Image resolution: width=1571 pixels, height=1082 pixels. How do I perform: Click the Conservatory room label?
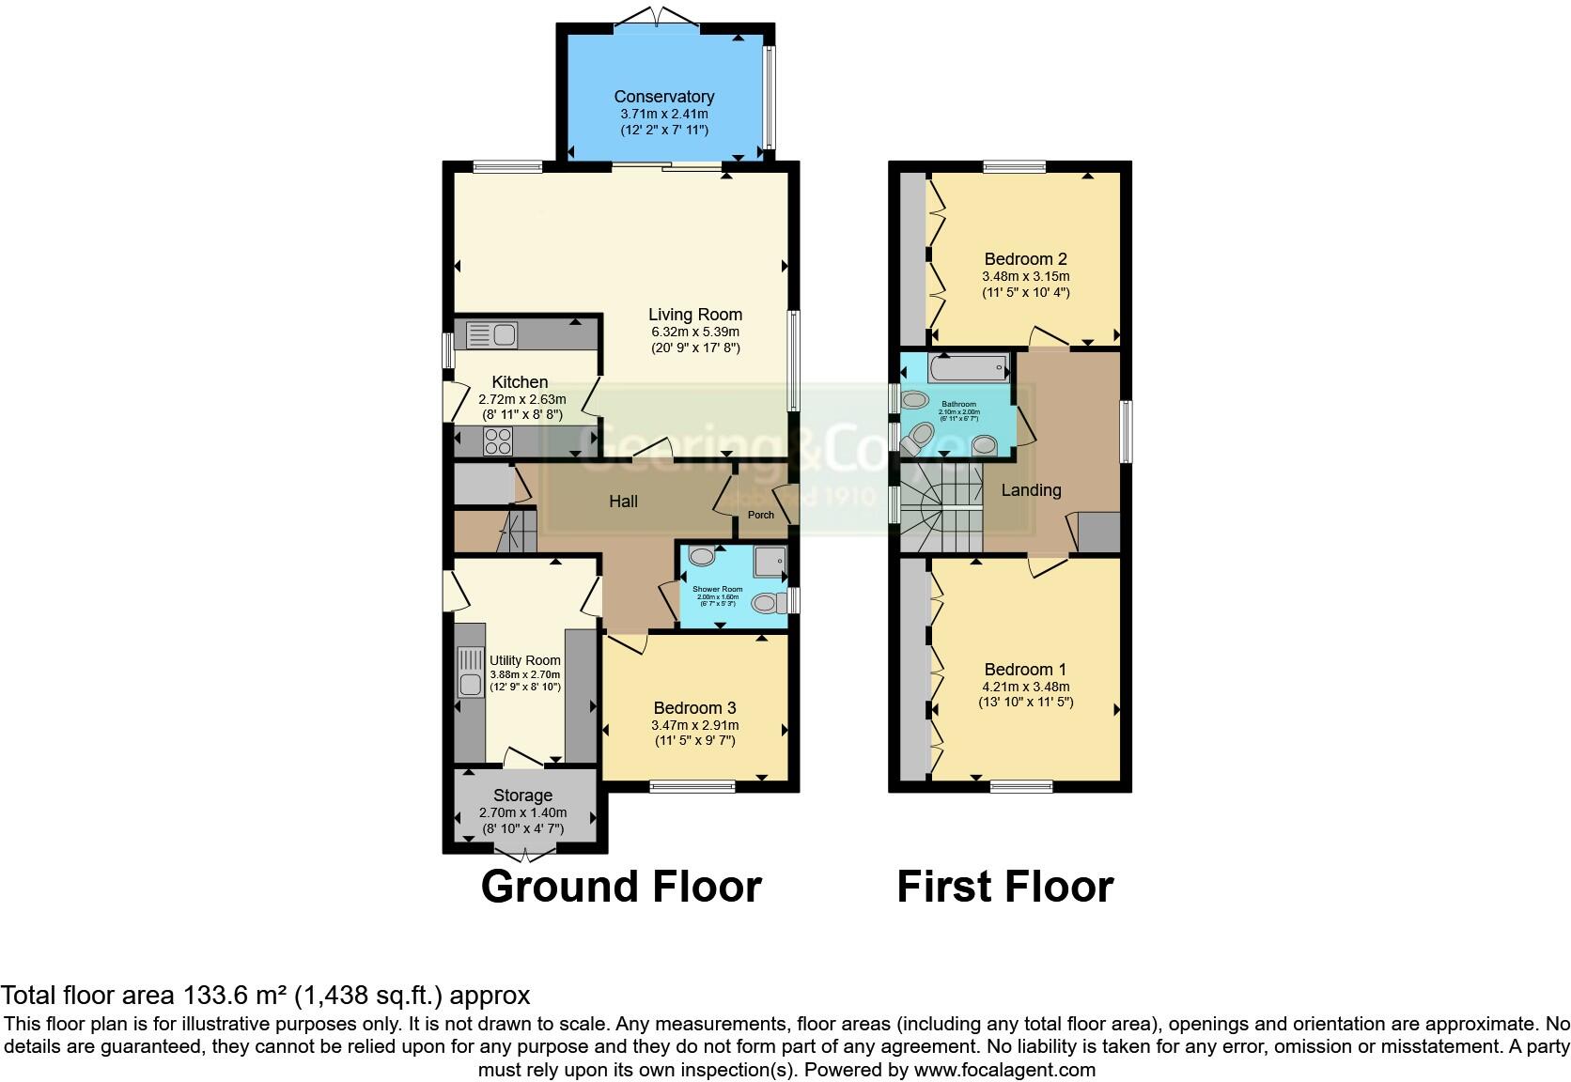tap(663, 97)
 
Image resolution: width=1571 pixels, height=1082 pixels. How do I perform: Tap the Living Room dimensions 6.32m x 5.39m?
tap(694, 332)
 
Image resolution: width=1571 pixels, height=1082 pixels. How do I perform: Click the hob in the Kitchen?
tap(497, 441)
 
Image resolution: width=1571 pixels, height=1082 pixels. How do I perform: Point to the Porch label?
tap(760, 515)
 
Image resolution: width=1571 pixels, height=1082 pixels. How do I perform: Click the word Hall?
tap(623, 502)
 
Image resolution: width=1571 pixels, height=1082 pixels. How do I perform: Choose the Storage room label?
tap(522, 796)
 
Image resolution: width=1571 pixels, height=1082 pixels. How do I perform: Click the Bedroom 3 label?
tap(694, 708)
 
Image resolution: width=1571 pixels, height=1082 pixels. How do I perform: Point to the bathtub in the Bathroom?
tap(967, 367)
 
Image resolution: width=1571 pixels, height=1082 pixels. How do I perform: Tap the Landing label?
tap(1031, 490)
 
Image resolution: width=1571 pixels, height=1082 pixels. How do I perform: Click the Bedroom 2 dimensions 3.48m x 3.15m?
tap(1025, 276)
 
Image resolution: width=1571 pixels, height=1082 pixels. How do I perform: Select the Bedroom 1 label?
tap(1025, 670)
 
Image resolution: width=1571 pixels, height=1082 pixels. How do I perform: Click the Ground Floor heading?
tap(620, 887)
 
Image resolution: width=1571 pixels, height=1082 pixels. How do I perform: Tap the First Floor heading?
tap(1004, 887)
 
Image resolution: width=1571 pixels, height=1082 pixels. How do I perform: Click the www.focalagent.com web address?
tap(1003, 1069)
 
